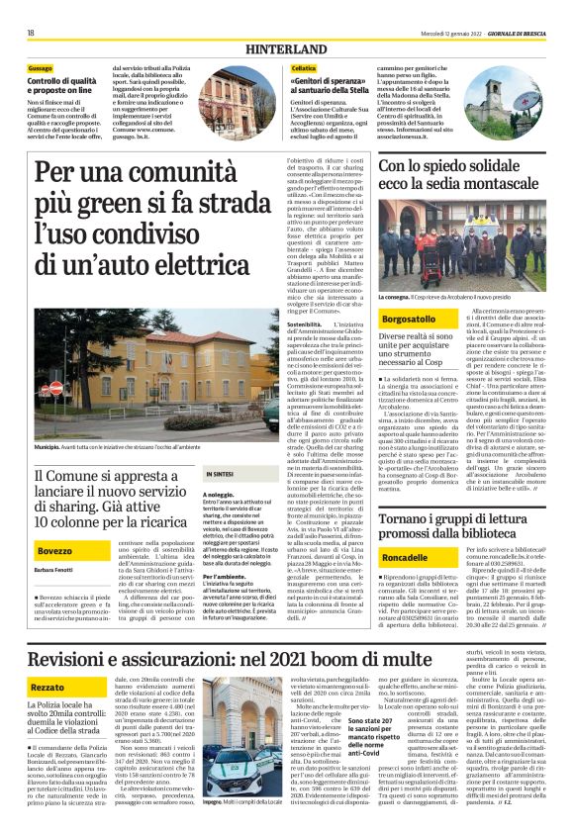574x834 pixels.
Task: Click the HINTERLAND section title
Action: point(286,48)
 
